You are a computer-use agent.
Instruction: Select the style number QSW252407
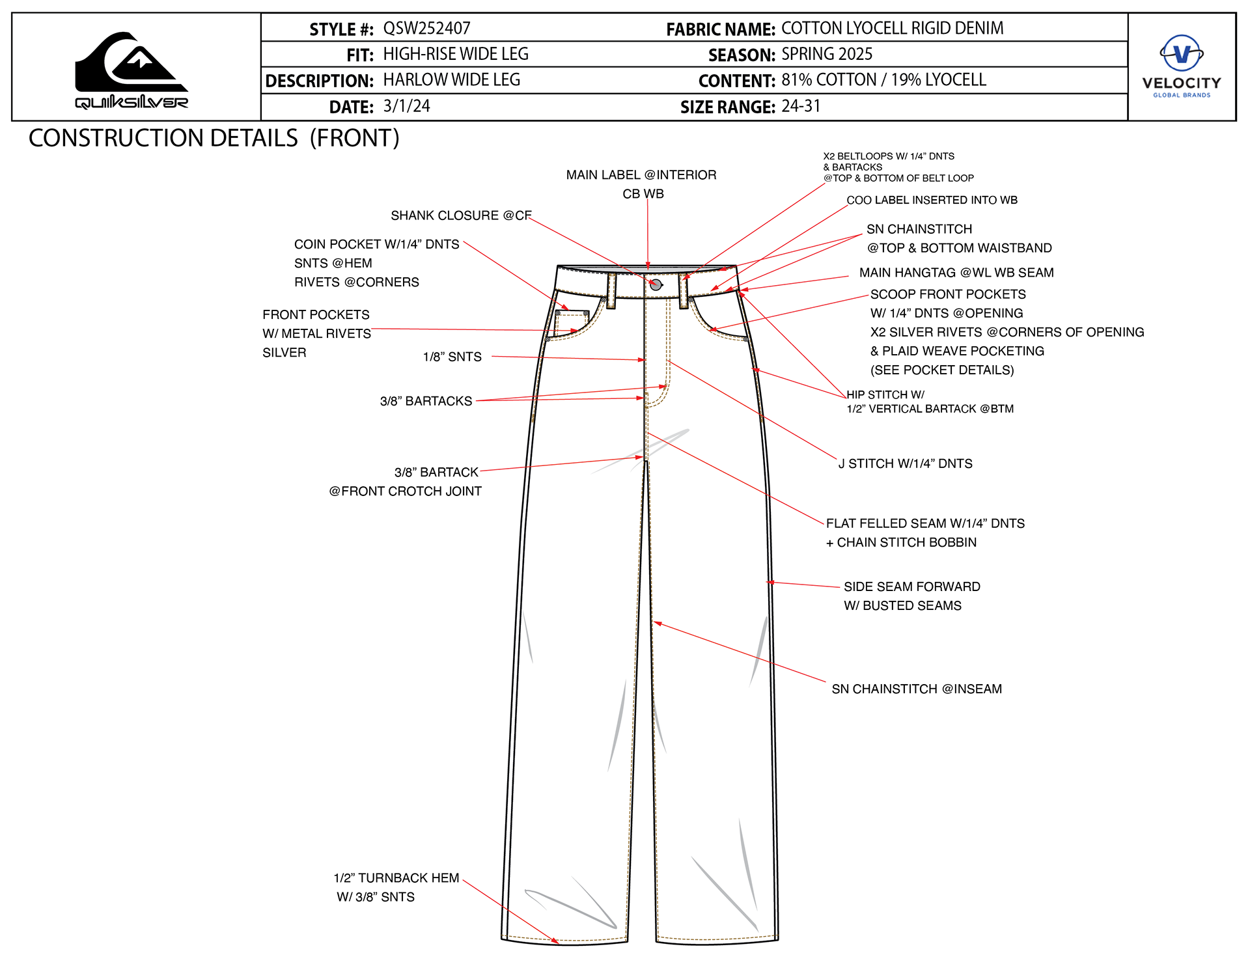(x=426, y=29)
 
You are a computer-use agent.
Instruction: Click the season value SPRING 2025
(x=827, y=54)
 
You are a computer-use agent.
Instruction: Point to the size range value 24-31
(x=801, y=106)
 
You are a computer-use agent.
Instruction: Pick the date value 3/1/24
(x=406, y=106)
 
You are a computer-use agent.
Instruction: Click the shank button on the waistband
(x=656, y=284)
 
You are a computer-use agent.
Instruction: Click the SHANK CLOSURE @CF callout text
(x=461, y=215)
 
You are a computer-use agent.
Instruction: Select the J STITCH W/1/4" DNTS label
(x=905, y=463)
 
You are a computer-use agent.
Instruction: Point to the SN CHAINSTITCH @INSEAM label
(x=917, y=689)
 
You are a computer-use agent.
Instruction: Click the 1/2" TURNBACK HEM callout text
(x=396, y=878)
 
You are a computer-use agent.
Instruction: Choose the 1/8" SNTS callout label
(x=452, y=357)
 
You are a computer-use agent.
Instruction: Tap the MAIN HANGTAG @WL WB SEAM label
(x=956, y=273)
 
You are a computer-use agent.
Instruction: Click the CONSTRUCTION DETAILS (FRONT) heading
(x=214, y=139)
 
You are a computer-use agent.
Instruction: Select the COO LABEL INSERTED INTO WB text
(x=932, y=200)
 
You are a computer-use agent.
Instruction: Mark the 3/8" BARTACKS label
(x=426, y=401)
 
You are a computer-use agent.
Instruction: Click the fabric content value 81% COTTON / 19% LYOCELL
(x=883, y=80)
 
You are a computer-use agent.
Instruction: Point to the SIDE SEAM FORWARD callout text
(x=911, y=586)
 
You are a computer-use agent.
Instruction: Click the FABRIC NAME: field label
(x=720, y=29)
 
